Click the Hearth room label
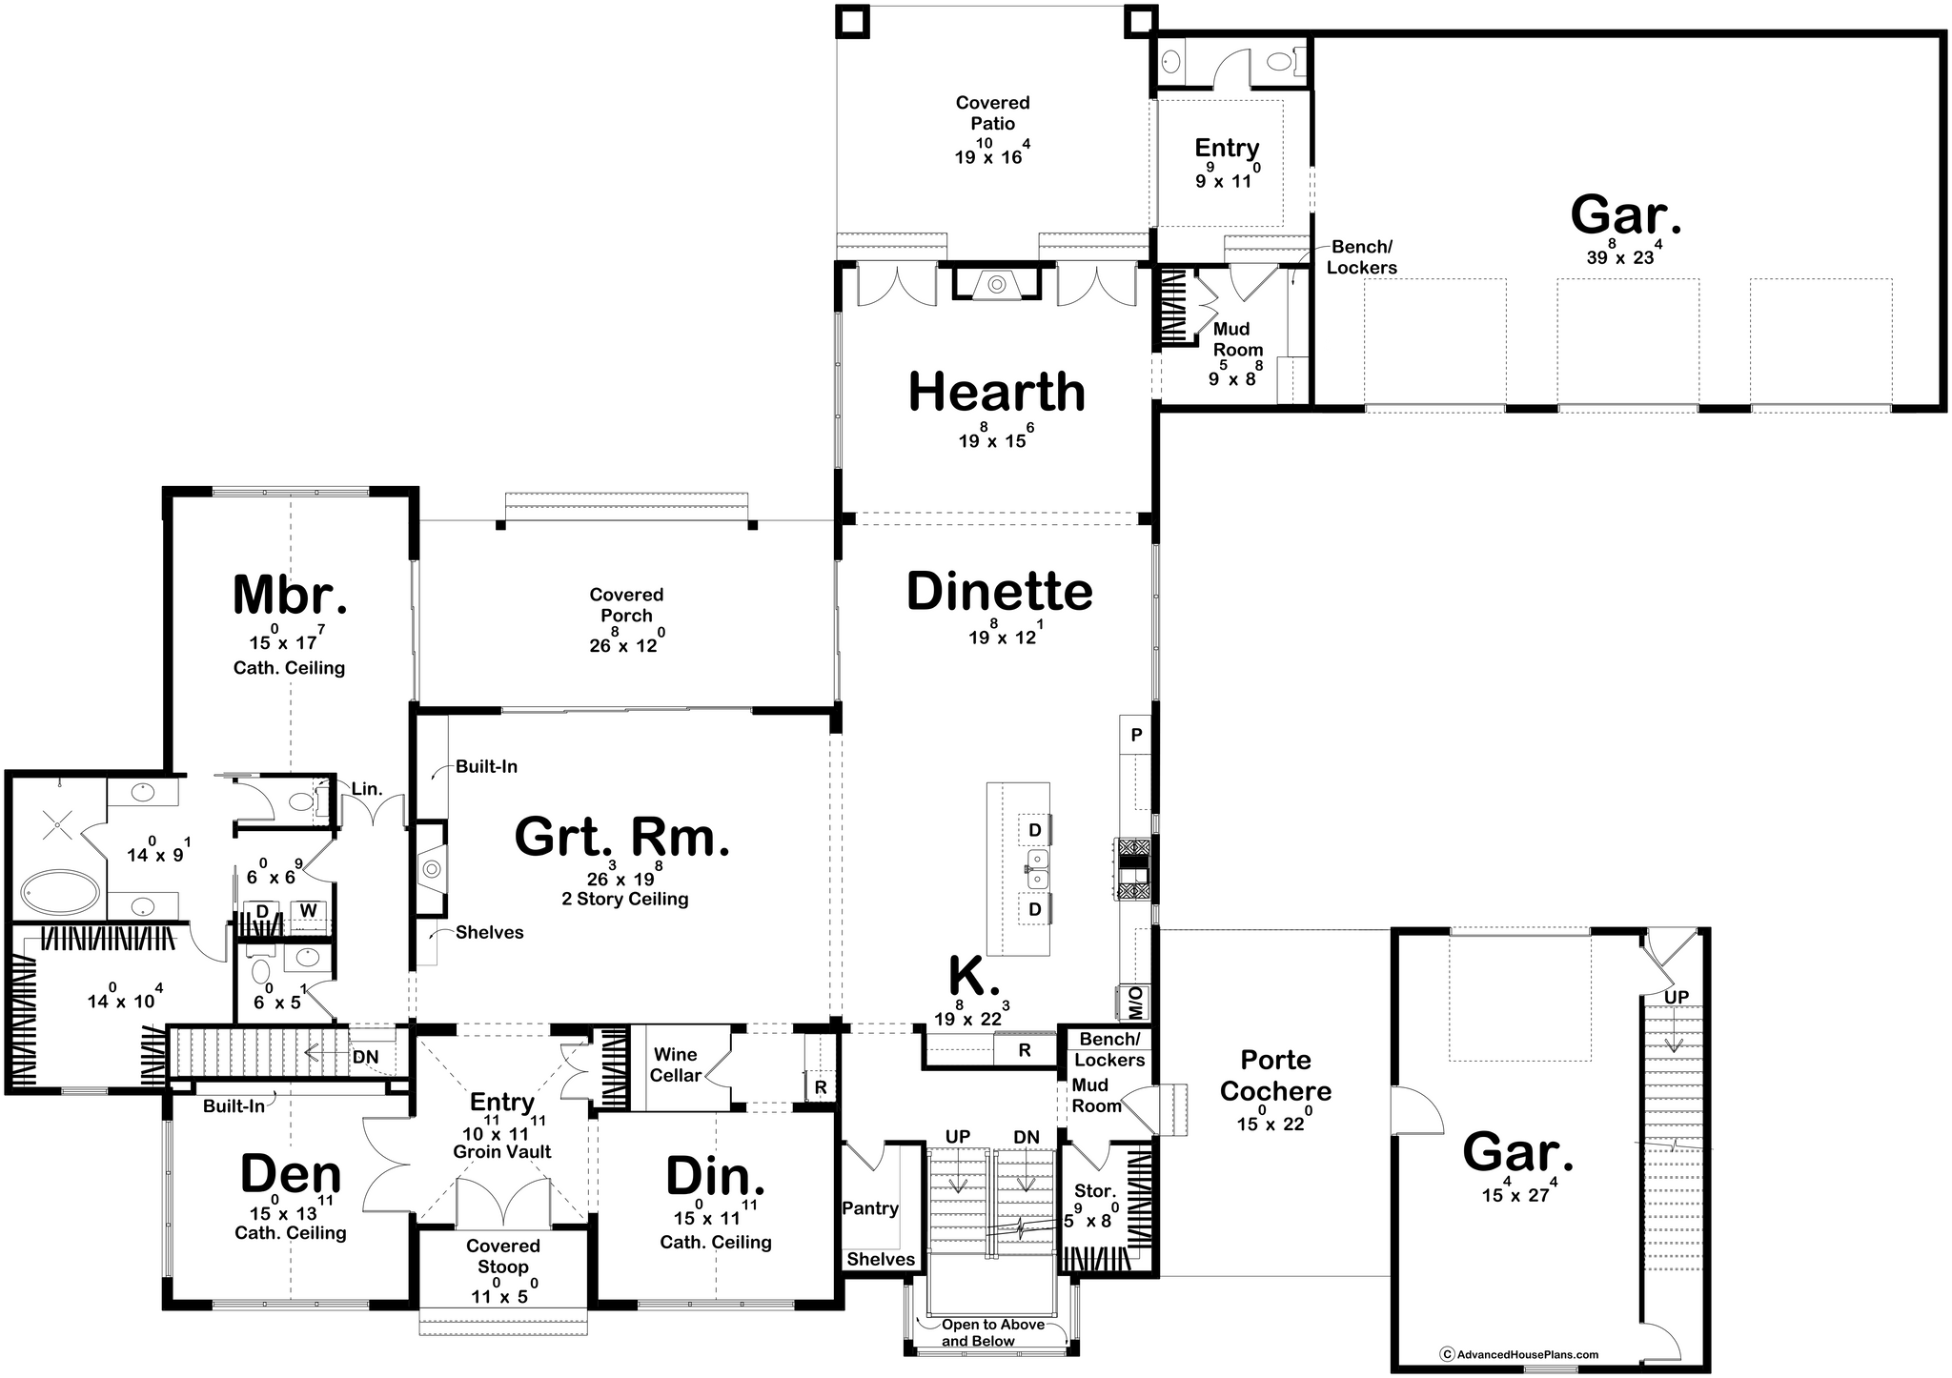(x=997, y=392)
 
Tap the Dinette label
(x=999, y=592)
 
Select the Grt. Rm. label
(x=621, y=838)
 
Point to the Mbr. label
(x=290, y=595)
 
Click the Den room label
(x=290, y=1175)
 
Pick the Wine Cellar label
(x=676, y=1064)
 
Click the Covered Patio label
(x=992, y=112)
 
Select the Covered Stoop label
(x=503, y=1256)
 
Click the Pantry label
(x=870, y=1208)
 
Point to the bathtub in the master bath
(x=59, y=895)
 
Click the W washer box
(x=308, y=911)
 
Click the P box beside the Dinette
(x=1136, y=735)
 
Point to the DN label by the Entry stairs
(x=365, y=1057)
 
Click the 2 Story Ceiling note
(x=625, y=899)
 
